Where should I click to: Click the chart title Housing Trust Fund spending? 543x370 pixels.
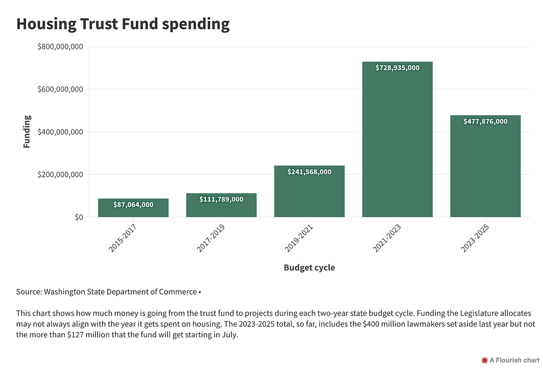(123, 24)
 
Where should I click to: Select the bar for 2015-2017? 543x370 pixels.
(133, 212)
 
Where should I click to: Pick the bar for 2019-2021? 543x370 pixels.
(309, 196)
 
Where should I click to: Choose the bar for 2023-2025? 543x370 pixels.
(485, 171)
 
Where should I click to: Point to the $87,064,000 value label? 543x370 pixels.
(133, 205)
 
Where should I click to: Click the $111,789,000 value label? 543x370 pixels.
(221, 200)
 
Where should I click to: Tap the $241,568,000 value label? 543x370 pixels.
(309, 172)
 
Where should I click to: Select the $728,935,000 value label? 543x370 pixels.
(397, 68)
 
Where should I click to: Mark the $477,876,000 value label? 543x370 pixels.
(485, 122)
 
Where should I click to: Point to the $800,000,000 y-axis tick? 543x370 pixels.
(60, 47)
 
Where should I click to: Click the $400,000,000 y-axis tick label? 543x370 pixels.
(60, 132)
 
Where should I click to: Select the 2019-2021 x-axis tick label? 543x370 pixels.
(299, 238)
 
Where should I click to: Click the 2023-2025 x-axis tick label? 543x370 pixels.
(475, 238)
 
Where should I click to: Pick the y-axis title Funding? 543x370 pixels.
(27, 132)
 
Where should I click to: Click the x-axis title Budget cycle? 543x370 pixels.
(309, 267)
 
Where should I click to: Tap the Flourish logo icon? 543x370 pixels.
(485, 360)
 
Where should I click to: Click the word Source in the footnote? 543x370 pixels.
(28, 292)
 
